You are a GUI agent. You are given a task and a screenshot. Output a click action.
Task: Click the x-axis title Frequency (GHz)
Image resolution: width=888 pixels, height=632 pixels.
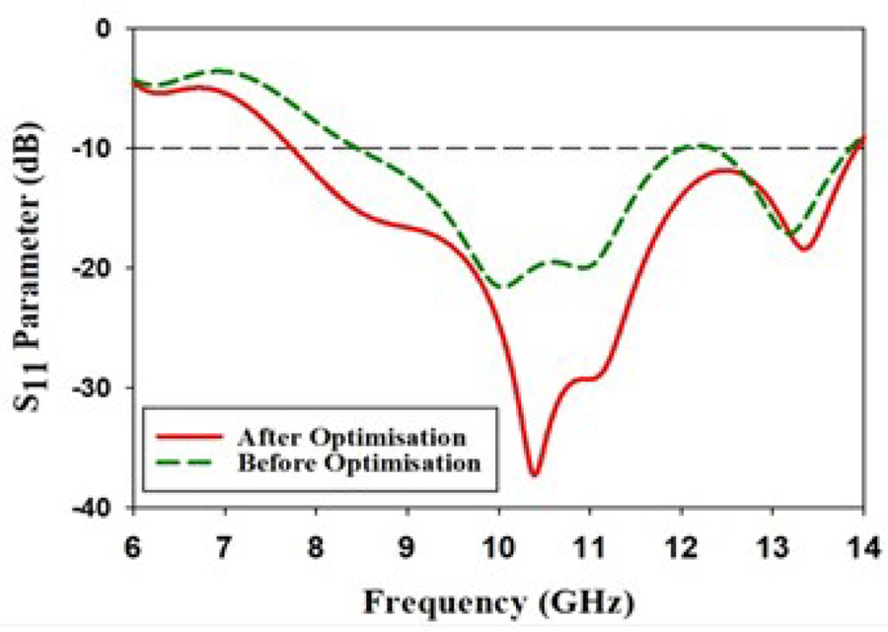pos(498,598)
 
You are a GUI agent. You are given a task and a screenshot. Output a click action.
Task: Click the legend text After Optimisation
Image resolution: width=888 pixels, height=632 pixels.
pos(351,437)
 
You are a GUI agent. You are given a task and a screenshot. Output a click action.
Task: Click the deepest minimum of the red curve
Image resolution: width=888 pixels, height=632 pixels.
pos(534,475)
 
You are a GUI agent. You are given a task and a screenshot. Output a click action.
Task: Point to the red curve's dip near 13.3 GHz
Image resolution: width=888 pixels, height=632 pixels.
pos(805,249)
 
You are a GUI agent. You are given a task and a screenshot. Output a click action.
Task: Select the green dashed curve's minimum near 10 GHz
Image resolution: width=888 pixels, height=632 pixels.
pos(501,288)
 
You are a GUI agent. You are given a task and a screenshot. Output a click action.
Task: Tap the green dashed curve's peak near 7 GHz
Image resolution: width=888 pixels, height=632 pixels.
pos(219,70)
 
